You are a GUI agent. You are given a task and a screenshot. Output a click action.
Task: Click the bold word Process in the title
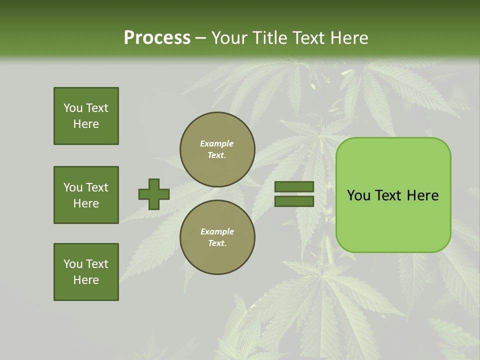(157, 38)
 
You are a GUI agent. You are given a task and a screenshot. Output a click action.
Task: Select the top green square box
(86, 116)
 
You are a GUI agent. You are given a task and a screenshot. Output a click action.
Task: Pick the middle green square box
(86, 195)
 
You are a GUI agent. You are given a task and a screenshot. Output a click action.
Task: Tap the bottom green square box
(86, 272)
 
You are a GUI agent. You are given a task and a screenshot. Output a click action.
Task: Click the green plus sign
(154, 194)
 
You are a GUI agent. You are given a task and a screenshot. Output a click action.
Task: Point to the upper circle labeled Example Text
(217, 149)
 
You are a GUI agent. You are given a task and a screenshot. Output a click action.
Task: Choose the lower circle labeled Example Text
(217, 237)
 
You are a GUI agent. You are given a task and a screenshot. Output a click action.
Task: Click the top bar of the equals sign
(294, 187)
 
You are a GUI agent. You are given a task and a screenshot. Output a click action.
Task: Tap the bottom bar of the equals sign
(294, 201)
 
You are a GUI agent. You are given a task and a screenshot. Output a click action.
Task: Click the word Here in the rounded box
(422, 195)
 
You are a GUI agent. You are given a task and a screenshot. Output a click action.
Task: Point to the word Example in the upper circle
(217, 143)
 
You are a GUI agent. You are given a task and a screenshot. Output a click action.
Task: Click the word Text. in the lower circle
(217, 243)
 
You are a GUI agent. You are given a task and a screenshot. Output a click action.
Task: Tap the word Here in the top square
(86, 124)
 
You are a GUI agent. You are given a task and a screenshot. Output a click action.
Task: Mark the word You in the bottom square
(73, 264)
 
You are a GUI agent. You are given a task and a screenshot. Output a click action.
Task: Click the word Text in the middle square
(97, 187)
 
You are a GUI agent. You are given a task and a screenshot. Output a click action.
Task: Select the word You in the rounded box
(358, 195)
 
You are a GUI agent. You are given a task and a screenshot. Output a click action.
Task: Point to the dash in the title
(200, 38)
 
